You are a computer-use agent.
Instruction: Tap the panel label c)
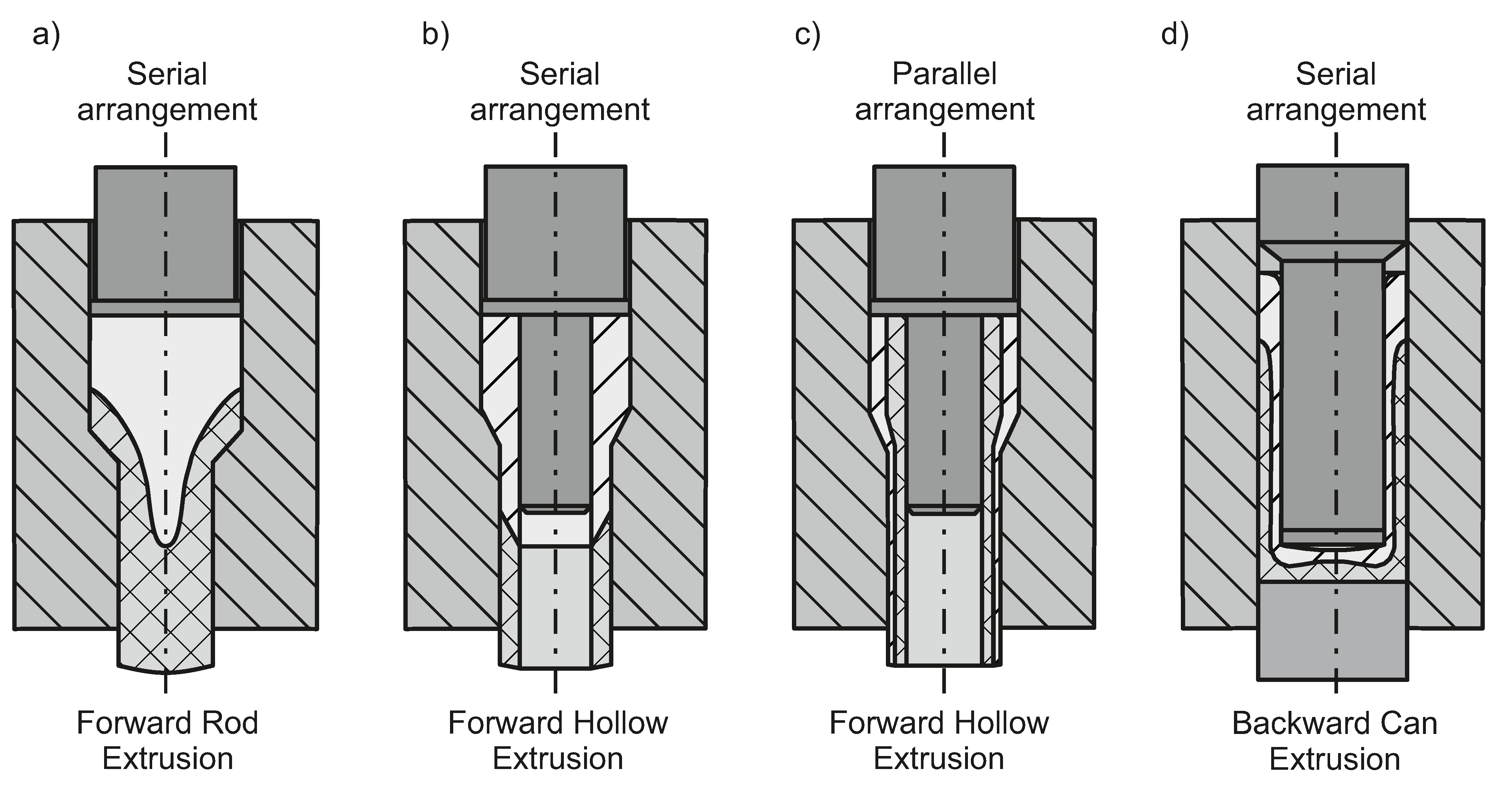click(807, 35)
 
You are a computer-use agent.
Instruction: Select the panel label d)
click(1175, 35)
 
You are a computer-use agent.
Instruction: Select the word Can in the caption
click(1408, 724)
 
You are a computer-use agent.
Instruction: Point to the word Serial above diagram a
click(167, 74)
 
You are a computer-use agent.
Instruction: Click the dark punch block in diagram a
click(166, 232)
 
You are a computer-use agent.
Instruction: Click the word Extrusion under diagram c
click(939, 759)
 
